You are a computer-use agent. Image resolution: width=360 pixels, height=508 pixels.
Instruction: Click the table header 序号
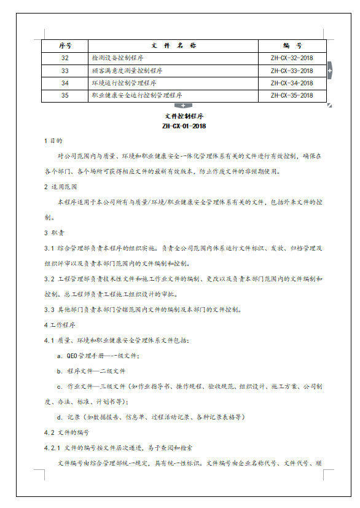(x=65, y=45)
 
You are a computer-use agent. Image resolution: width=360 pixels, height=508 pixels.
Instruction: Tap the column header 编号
(x=292, y=45)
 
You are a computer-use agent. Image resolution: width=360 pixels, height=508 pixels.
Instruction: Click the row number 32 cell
(x=65, y=58)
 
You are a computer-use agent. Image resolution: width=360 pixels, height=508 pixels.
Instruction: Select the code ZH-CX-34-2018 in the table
(x=292, y=83)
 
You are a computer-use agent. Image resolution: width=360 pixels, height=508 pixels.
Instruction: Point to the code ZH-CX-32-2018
(x=292, y=58)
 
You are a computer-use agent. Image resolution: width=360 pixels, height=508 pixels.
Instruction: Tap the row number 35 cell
(x=65, y=95)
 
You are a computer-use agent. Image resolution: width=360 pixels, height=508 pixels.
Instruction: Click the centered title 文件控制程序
(x=184, y=116)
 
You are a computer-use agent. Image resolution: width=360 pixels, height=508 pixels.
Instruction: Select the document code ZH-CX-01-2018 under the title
(x=184, y=127)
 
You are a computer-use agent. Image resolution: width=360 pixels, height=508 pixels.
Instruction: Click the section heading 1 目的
(x=53, y=141)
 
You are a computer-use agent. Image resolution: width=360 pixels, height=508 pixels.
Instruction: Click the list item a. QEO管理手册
(x=98, y=356)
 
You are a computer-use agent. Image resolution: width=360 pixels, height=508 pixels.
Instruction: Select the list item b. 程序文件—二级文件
(x=92, y=371)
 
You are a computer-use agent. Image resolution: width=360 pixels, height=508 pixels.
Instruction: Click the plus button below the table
(x=183, y=106)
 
